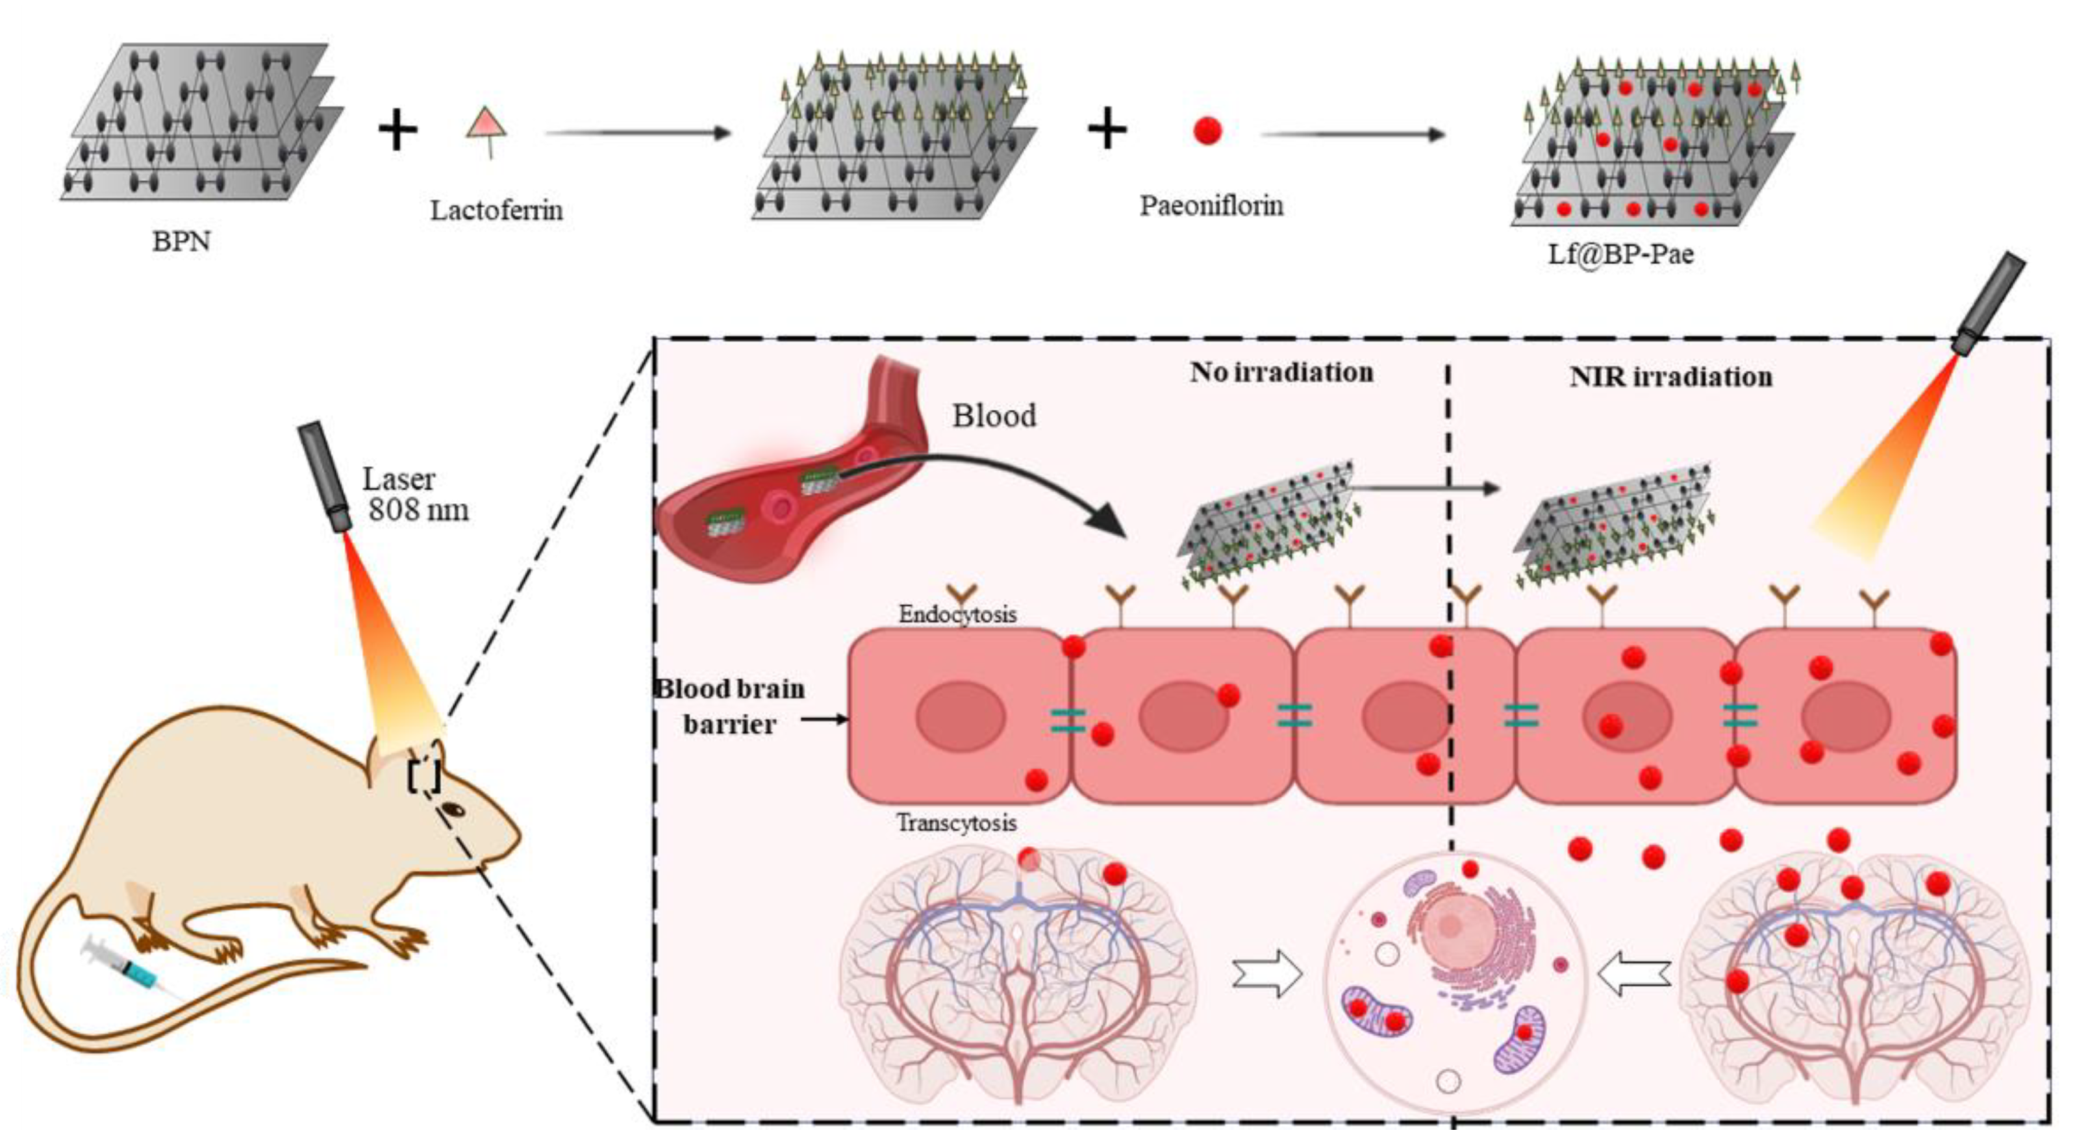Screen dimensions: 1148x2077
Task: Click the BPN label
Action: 181,241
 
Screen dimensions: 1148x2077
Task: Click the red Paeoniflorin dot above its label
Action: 1207,130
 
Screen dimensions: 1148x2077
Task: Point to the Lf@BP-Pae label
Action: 1620,254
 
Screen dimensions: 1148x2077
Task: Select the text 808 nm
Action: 418,510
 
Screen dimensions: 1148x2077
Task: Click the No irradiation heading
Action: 1281,373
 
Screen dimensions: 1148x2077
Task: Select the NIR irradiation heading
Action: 1670,377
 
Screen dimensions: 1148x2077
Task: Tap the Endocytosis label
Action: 957,614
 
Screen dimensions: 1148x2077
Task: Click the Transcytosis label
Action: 956,823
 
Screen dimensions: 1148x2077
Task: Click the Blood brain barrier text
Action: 730,706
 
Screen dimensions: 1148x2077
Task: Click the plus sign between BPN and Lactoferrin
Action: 397,131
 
